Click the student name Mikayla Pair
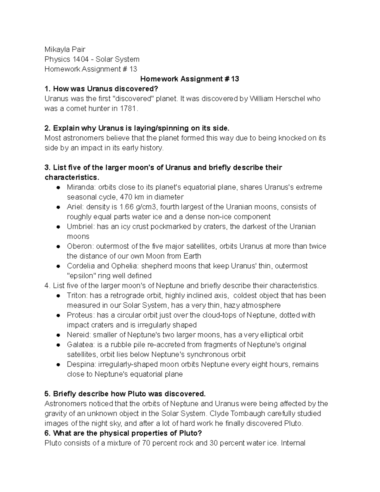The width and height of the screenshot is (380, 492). pos(65,49)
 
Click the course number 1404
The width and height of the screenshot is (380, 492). pos(80,59)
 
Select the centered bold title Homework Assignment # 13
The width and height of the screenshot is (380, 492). pos(189,79)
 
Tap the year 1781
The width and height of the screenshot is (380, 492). pos(129,109)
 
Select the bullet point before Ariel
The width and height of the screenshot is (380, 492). pos(58,207)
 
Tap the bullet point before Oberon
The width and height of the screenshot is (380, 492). pos(58,246)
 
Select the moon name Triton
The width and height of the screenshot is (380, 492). pos(76,296)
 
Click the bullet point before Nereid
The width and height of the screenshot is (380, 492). pos(58,335)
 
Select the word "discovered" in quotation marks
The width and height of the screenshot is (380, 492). pos(133,99)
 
